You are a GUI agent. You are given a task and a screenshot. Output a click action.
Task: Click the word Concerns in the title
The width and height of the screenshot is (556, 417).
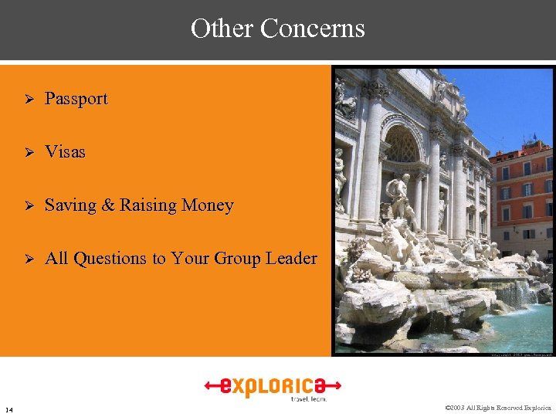tap(312, 29)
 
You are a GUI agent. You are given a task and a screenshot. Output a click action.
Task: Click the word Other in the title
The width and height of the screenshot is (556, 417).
tap(222, 29)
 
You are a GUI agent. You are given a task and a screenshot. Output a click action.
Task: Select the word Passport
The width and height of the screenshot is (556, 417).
tap(76, 99)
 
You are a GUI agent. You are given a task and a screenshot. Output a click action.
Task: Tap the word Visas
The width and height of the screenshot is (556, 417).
tap(66, 152)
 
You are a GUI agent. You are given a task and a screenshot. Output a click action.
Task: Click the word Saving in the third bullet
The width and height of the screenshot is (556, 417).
tap(70, 205)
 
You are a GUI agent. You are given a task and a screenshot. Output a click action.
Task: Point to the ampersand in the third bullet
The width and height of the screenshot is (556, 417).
tap(107, 205)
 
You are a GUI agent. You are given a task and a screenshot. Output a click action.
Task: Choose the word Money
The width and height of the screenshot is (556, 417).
tap(208, 205)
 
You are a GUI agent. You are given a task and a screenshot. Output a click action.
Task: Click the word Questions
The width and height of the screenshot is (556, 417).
tap(108, 259)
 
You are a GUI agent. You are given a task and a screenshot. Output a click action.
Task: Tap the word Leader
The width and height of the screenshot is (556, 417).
tap(291, 258)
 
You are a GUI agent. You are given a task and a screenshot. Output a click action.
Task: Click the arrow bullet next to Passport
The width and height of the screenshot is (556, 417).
tap(28, 100)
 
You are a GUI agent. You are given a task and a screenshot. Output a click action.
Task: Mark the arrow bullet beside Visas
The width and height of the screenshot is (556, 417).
tap(28, 153)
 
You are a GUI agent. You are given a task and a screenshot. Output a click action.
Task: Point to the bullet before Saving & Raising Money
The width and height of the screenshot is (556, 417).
tap(28, 206)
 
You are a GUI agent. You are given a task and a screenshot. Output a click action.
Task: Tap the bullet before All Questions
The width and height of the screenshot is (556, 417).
tap(28, 259)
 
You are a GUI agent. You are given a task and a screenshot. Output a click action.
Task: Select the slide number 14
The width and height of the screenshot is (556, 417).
tap(8, 409)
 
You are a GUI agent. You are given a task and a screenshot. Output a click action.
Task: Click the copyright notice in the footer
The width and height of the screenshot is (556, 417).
tap(498, 408)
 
